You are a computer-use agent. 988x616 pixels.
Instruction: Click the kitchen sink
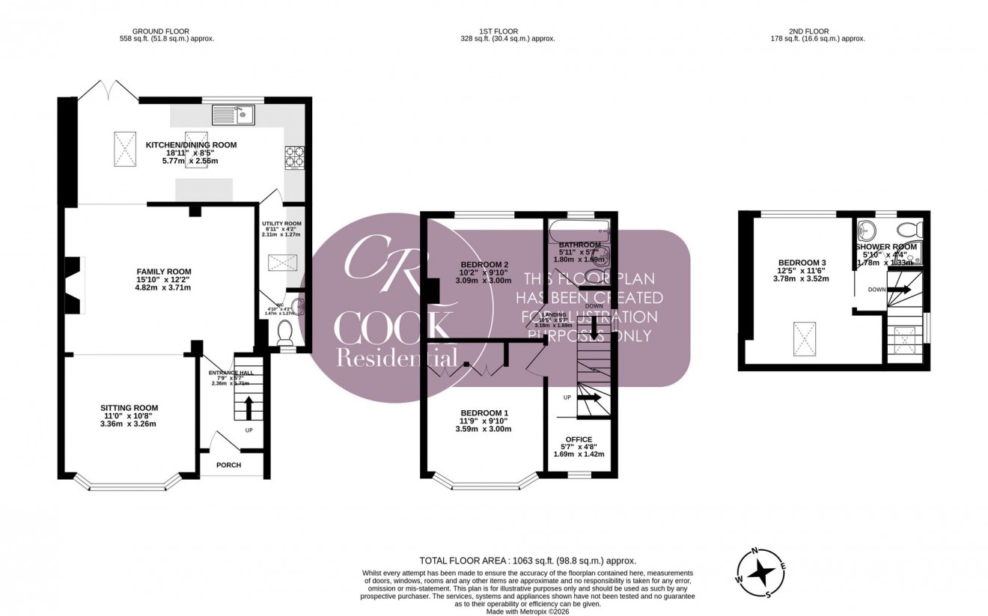pos(234,115)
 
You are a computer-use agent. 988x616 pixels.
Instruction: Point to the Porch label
pos(228,465)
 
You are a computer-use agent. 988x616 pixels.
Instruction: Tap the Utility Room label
pos(281,224)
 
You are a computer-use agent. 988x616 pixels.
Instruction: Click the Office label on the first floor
pos(579,439)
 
